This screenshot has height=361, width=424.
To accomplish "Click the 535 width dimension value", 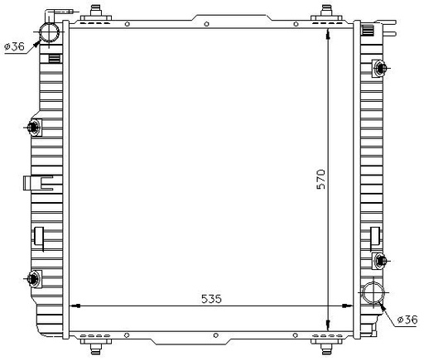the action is tap(211, 299).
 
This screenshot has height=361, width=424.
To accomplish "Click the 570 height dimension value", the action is tap(320, 180).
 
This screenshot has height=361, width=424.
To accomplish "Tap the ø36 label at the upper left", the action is tap(15, 46).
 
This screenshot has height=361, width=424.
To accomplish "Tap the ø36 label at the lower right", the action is tap(407, 320).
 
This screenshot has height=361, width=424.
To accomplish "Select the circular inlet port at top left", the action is tap(49, 32).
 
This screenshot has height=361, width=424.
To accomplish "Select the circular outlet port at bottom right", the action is tap(373, 292).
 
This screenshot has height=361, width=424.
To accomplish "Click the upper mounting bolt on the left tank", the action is tap(33, 128).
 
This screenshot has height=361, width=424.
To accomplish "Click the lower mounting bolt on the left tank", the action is tap(33, 279).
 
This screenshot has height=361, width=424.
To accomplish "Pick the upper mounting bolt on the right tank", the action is tap(380, 68).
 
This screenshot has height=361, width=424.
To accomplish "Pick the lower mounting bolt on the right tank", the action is tap(380, 260).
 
